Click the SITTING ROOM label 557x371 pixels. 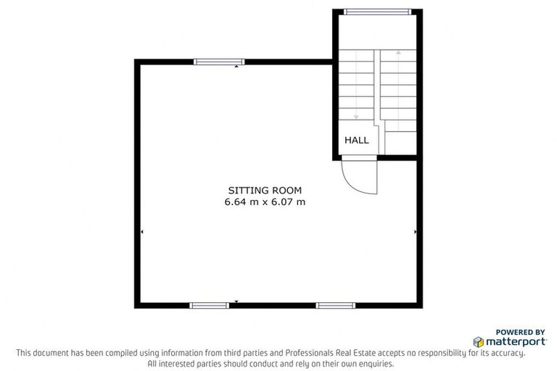point(264,190)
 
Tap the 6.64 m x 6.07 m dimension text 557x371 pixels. point(264,201)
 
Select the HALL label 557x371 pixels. point(356,140)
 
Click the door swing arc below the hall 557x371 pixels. point(363,179)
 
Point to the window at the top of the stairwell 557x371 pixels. point(377,12)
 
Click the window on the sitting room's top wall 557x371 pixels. point(219,62)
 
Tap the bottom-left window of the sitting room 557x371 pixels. point(209,305)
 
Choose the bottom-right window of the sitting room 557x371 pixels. point(335,305)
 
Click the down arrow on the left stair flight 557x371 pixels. point(356,115)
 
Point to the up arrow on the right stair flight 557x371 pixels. point(398,53)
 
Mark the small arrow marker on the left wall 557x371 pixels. point(141,232)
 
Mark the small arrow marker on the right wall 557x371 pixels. point(415,232)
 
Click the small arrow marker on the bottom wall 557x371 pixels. point(236,301)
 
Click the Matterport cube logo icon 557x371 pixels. point(479,341)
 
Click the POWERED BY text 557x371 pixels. point(520,330)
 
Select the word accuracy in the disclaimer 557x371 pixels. point(506,353)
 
